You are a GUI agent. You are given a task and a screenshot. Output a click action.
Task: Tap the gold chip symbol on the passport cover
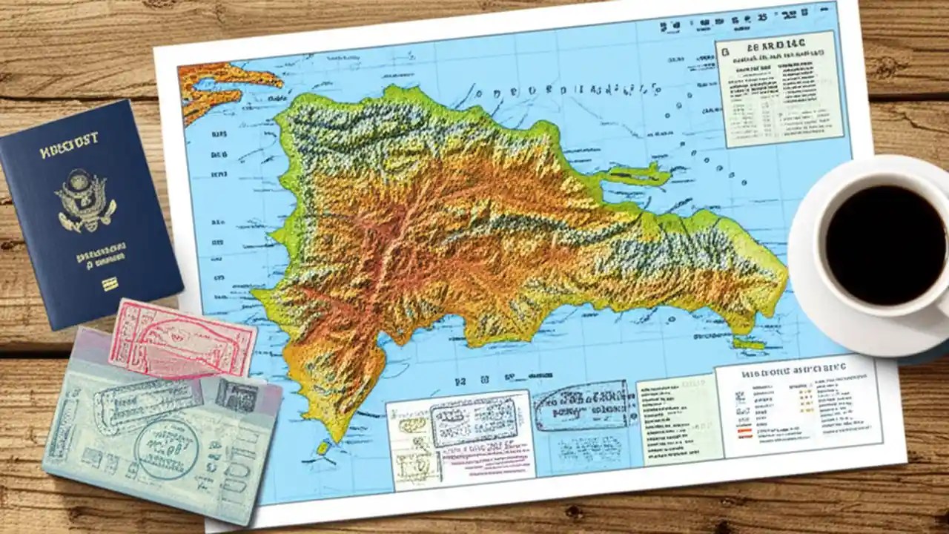click(x=110, y=284)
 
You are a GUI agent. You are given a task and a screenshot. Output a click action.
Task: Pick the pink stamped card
click(x=182, y=340)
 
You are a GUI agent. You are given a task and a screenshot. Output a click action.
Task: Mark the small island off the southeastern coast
click(x=749, y=343)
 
